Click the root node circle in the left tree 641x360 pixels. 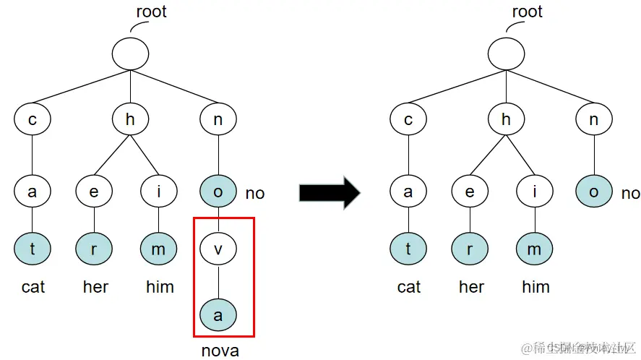130,53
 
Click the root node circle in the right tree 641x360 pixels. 506,53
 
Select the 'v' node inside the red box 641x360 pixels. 218,249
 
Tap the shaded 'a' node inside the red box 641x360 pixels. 218,314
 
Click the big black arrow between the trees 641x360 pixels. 330,192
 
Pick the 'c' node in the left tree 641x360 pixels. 33,120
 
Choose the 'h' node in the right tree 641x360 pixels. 506,120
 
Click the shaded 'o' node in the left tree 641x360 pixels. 218,192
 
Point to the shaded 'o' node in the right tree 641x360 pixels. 594,192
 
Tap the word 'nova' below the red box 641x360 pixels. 220,351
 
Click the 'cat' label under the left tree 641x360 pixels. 33,287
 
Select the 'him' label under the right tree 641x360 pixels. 535,287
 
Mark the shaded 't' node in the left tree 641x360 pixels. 33,249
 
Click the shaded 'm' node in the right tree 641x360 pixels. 535,249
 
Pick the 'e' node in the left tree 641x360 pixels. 95,192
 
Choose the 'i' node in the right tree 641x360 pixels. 535,192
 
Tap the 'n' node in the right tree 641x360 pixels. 594,120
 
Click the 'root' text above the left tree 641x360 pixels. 151,12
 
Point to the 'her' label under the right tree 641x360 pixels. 471,287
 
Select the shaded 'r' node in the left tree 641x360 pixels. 95,249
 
